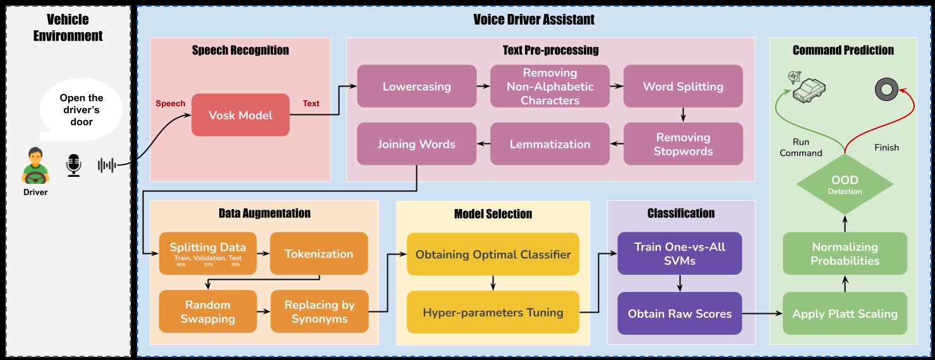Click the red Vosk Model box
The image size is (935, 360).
point(240,115)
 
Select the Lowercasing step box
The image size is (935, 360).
point(416,86)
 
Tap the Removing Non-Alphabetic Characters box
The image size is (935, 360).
point(550,86)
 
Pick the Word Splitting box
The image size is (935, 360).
point(683,86)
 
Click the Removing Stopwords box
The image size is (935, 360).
point(683,144)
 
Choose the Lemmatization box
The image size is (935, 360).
point(550,144)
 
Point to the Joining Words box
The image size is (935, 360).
point(416,144)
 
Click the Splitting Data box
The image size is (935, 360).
point(208,253)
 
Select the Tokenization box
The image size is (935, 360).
point(318,253)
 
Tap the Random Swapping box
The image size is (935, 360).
point(208,311)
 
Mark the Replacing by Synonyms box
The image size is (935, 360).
point(319,311)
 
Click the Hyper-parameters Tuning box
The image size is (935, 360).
point(493,312)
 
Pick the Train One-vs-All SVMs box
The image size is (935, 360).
point(679,253)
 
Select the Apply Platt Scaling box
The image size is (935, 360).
point(845,313)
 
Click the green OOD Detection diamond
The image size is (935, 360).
point(845,184)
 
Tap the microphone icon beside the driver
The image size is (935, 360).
point(74,165)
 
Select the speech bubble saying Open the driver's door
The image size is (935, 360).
point(81,110)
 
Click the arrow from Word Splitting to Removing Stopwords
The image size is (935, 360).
point(683,114)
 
